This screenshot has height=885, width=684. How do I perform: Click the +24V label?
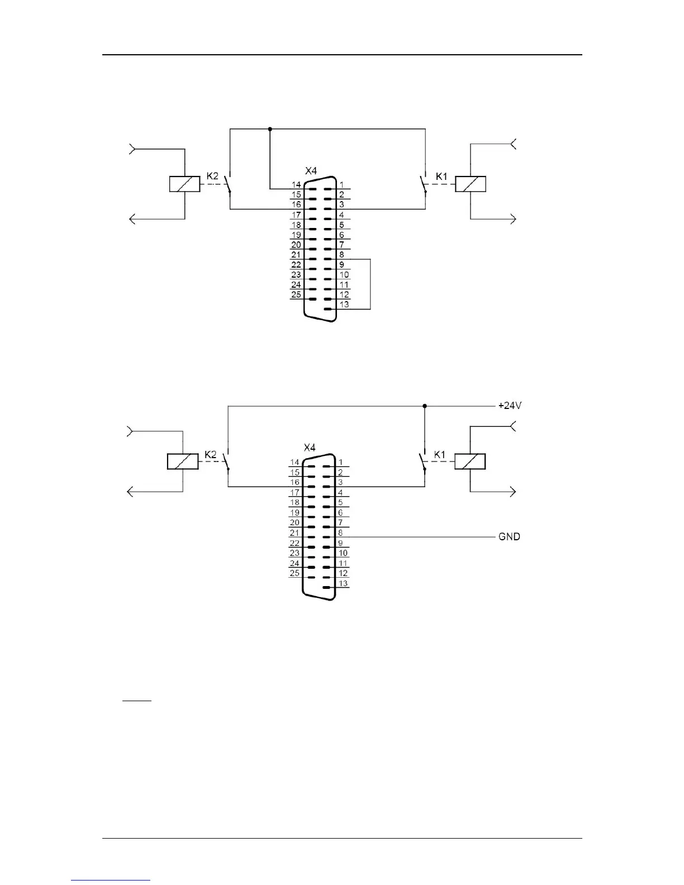point(510,406)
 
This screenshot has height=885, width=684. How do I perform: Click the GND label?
point(509,536)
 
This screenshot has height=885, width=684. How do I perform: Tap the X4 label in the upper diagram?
point(311,170)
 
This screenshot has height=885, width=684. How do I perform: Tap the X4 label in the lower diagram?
point(310,448)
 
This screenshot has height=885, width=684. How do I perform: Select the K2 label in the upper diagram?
point(213,176)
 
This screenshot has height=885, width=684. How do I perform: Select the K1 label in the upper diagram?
point(441,176)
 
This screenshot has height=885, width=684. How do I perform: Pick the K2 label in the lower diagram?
point(211,454)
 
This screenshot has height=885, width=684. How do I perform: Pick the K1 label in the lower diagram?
point(440,454)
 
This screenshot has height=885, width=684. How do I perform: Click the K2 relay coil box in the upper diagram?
point(184,184)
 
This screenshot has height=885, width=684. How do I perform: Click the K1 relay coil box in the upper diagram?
point(471,184)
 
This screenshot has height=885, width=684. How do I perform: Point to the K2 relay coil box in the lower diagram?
point(183,461)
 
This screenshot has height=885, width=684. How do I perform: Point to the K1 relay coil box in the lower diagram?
point(469,461)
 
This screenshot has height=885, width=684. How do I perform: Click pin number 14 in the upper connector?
point(296,184)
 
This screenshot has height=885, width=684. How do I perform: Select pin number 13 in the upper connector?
point(344,304)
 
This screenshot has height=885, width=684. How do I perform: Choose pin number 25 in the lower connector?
point(294,573)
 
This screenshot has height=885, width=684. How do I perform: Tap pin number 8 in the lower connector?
point(340,533)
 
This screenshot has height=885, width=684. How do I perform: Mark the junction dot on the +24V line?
point(425,406)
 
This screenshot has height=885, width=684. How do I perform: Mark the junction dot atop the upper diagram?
point(270,129)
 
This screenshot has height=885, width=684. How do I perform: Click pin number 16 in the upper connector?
point(296,205)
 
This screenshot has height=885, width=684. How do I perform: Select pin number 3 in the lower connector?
point(340,482)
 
